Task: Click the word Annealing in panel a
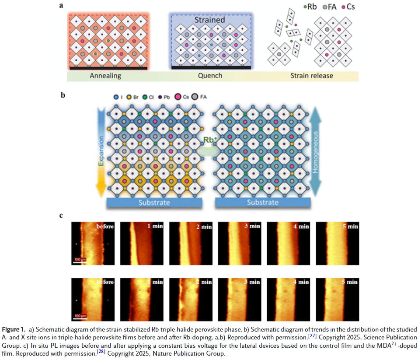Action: tap(105, 76)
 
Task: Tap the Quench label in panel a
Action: tap(210, 76)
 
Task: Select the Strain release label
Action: tap(312, 76)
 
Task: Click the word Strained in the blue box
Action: tap(211, 20)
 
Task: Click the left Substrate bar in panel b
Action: tap(154, 203)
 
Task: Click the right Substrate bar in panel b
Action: tap(262, 203)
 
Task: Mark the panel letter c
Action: tap(62, 215)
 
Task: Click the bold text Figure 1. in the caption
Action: tap(14, 329)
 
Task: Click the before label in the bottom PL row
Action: tap(105, 283)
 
